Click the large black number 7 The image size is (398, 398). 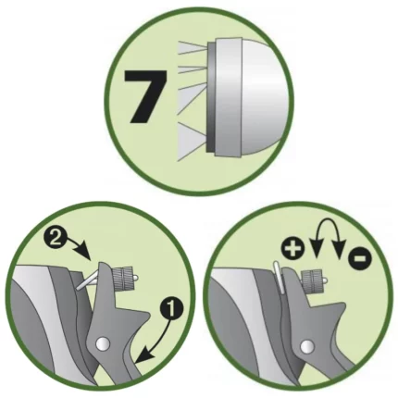coord(145,96)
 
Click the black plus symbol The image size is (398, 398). coord(292,249)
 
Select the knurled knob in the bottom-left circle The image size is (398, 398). coord(123,278)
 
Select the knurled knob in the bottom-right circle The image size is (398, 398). coord(314,280)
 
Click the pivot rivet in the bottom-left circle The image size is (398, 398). coord(102,343)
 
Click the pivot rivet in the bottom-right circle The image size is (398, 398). coord(306,345)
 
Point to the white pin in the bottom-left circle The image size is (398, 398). coord(87,280)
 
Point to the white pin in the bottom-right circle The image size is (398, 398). coord(280,277)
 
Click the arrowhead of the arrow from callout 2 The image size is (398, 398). coord(87,253)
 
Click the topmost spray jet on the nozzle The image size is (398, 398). coord(193,48)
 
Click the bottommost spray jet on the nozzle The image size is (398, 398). coord(192,142)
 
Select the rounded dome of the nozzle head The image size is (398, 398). coord(266,100)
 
